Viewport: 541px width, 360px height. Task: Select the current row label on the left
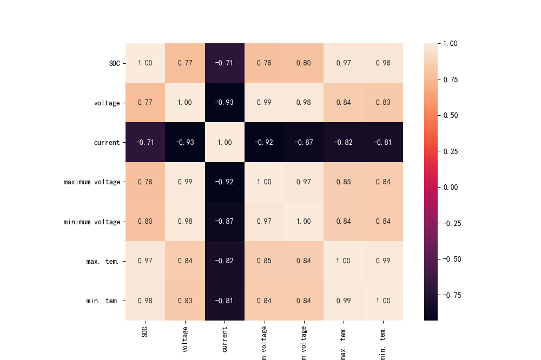pos(106,143)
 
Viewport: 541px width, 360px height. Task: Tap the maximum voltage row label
pos(92,182)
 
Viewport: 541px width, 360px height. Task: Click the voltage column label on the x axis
pos(185,339)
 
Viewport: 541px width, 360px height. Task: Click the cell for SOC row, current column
pos(225,63)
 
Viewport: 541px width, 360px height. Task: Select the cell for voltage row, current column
pos(225,103)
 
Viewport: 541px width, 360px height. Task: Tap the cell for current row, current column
pos(225,143)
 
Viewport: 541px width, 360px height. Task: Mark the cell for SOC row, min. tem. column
pos(383,63)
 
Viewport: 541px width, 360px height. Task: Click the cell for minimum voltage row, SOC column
pos(145,222)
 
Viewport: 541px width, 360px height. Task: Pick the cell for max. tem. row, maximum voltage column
pos(264,261)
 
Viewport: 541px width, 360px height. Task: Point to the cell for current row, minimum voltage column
pos(304,143)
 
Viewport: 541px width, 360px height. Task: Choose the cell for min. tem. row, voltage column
pos(185,301)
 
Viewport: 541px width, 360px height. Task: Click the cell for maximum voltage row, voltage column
pos(185,182)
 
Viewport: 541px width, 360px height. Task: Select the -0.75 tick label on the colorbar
pos(452,295)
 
